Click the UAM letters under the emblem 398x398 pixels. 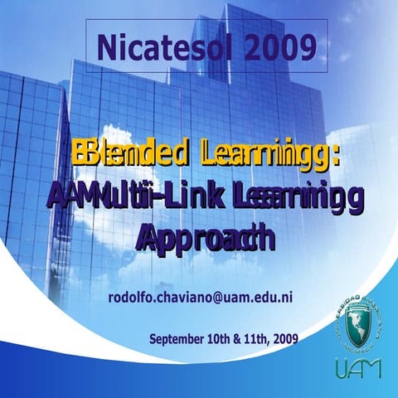pos(357,366)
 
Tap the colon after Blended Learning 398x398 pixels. pos(342,154)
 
